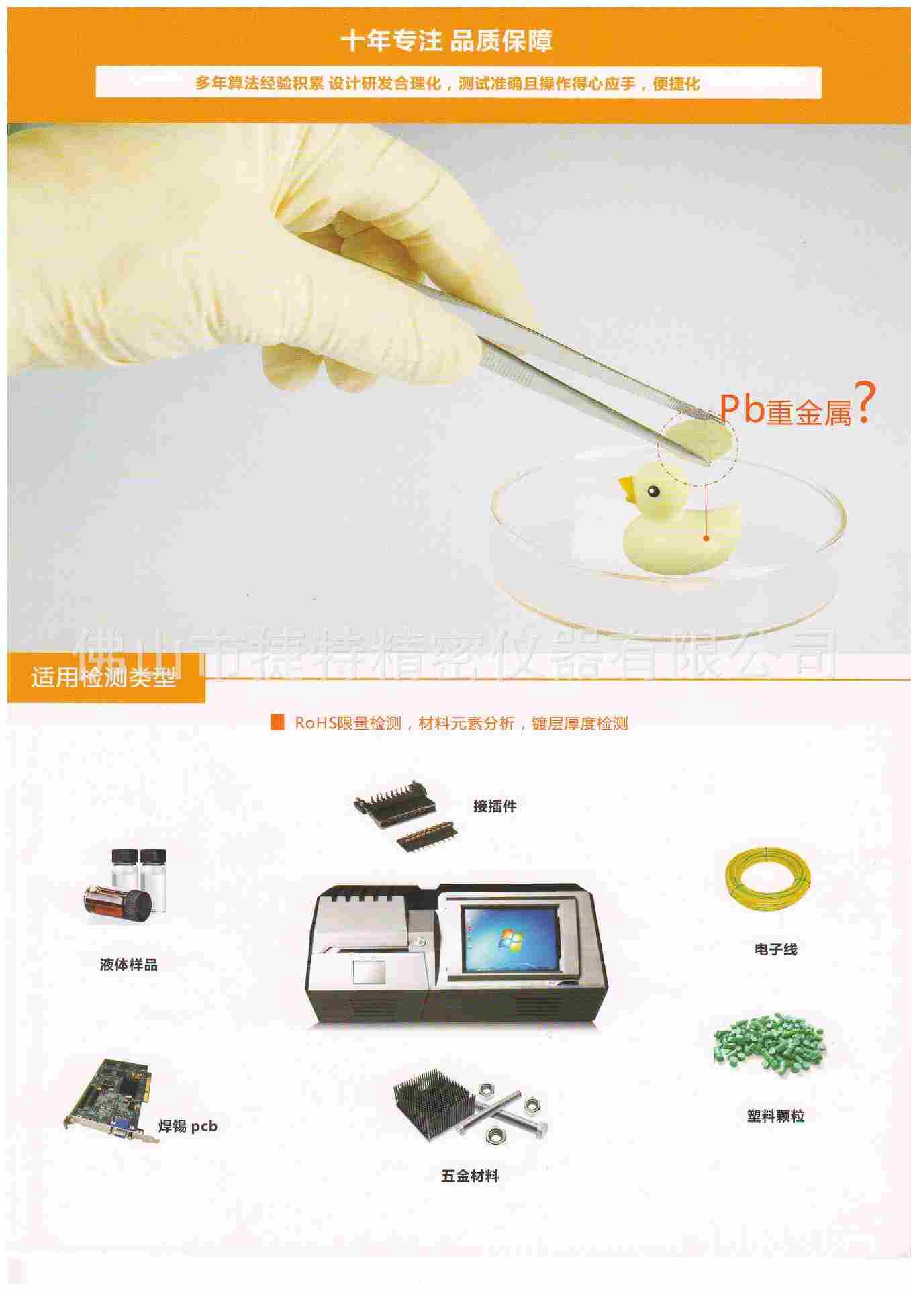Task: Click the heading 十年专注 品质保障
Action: [446, 41]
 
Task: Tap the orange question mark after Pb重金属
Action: [864, 402]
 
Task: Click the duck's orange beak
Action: [628, 490]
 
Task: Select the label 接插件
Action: [495, 806]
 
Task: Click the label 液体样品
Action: [129, 965]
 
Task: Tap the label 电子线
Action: [776, 949]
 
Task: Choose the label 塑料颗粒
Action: [775, 1116]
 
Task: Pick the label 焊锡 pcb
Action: [188, 1126]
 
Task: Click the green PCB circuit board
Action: [112, 1100]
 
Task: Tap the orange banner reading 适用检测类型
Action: [106, 679]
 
